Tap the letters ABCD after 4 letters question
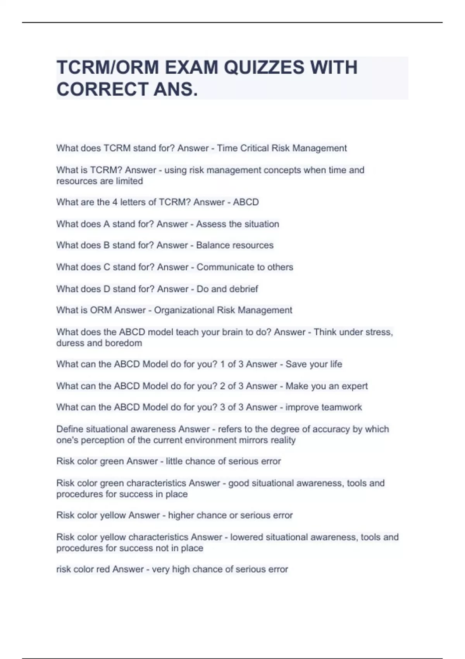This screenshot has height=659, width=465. tap(246, 202)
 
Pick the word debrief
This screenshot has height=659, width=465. tap(243, 289)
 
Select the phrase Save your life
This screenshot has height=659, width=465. tap(314, 364)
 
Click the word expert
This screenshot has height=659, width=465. tap(352, 386)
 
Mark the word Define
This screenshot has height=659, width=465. tap(69, 429)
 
